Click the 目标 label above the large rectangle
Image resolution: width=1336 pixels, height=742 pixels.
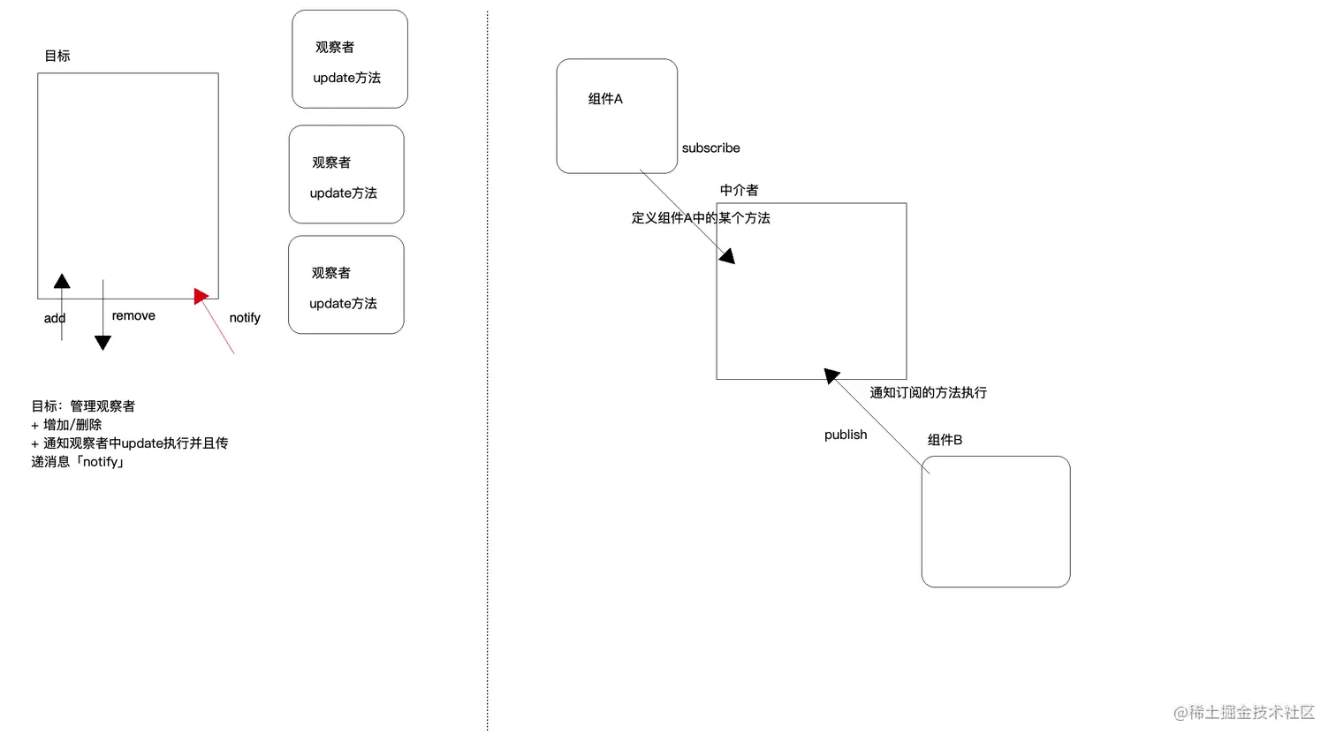[x=57, y=56]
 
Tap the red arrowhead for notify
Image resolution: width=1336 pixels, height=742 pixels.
[x=201, y=296]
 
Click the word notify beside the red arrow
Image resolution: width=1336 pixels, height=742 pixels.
[x=245, y=318]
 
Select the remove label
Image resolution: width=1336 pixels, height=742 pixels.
[x=133, y=316]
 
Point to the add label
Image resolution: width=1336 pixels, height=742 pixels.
[x=55, y=319]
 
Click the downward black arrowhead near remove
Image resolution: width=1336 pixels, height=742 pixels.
[x=102, y=343]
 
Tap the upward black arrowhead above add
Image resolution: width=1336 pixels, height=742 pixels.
[x=62, y=282]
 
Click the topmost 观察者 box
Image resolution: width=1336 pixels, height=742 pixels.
[x=350, y=60]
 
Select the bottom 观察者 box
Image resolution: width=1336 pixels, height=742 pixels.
[x=346, y=285]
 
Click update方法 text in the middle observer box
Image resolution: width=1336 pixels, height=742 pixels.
[x=344, y=193]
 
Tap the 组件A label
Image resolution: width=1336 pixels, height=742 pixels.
[x=605, y=99]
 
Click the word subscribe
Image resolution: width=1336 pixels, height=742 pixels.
[x=710, y=148]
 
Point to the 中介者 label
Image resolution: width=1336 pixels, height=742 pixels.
[x=739, y=190]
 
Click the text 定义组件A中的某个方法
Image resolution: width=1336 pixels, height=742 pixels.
[x=701, y=218]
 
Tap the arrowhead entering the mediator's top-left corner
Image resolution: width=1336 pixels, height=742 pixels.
[x=727, y=256]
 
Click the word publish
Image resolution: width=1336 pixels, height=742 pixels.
[x=846, y=435]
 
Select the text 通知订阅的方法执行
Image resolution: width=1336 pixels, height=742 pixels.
[x=928, y=392]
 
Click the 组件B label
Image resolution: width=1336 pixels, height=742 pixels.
[x=945, y=440]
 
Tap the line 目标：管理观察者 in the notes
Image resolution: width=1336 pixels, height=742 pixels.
[x=83, y=406]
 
